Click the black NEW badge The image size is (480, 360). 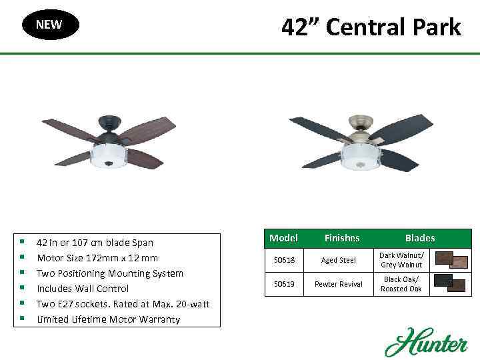(49, 25)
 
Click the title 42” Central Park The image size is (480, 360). (371, 27)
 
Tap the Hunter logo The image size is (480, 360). (425, 342)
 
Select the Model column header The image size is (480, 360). (283, 238)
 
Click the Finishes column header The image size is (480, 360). (341, 238)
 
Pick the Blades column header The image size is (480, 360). (420, 238)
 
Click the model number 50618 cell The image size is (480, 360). (283, 260)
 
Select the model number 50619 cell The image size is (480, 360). (283, 284)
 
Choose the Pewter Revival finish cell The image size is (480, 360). (341, 284)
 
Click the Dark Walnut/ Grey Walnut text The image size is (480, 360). (401, 260)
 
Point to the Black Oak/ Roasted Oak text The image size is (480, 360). (401, 284)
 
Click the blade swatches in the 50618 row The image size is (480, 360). (451, 260)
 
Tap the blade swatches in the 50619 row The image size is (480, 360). (451, 284)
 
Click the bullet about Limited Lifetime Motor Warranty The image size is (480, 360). (108, 319)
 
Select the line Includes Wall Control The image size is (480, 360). (83, 289)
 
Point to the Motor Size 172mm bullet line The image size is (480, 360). (97, 258)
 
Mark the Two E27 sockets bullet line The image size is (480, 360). (123, 304)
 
